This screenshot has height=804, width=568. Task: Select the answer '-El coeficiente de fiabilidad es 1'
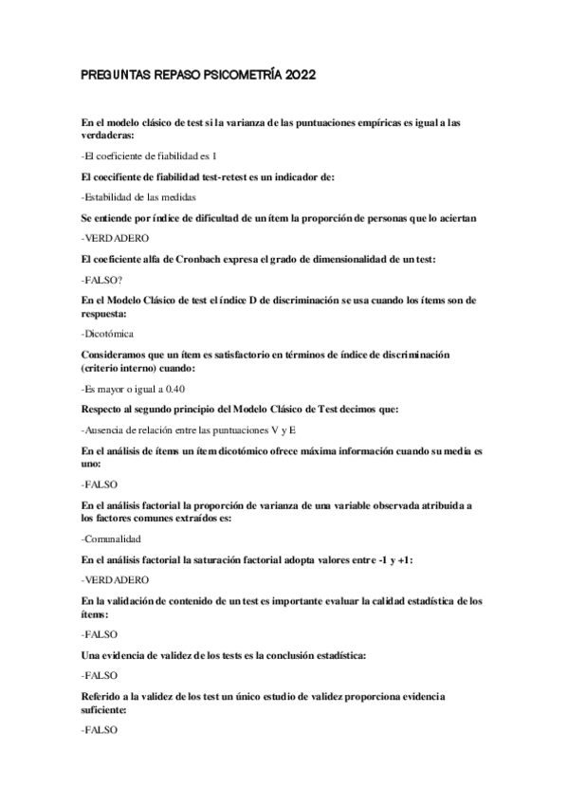click(150, 155)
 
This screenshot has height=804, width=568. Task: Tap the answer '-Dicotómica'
click(108, 333)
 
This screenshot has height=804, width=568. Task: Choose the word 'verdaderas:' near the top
click(108, 136)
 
